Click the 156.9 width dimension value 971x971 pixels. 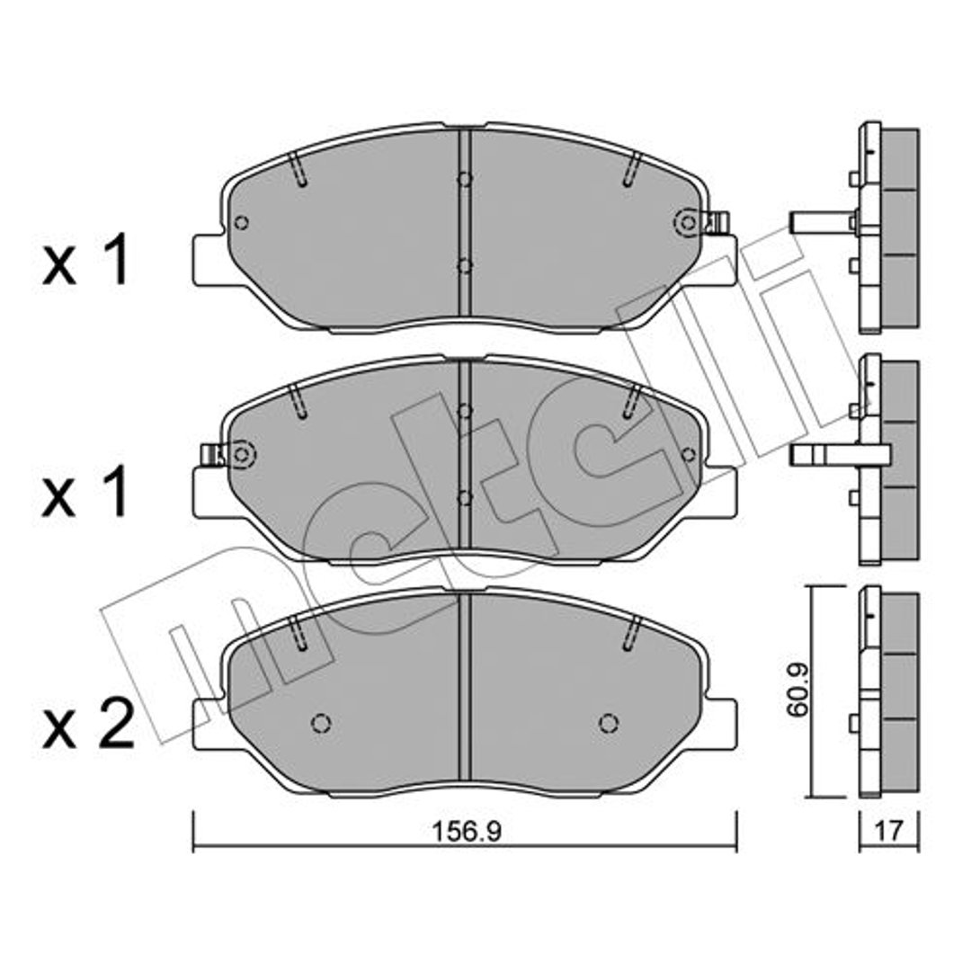[465, 832]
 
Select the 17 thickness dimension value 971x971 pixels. [889, 831]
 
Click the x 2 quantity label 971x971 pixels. [88, 726]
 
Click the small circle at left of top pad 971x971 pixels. [242, 223]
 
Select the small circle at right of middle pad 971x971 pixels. [688, 455]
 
